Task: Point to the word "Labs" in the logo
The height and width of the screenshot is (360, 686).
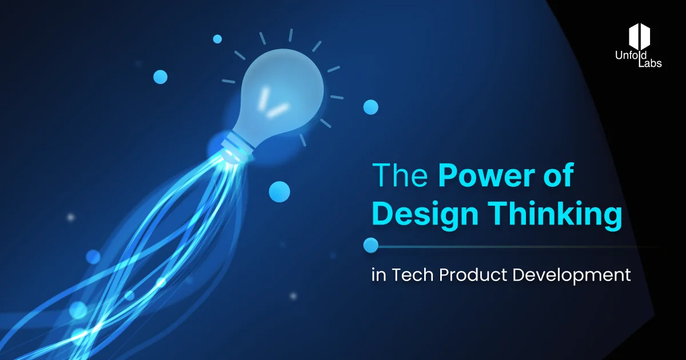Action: tap(650, 63)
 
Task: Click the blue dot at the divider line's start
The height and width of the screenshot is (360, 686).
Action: tap(371, 245)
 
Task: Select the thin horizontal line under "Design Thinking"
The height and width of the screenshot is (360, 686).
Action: tap(514, 246)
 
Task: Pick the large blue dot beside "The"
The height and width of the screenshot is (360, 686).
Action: tap(280, 191)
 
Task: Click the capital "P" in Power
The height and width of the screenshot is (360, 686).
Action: tap(449, 177)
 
